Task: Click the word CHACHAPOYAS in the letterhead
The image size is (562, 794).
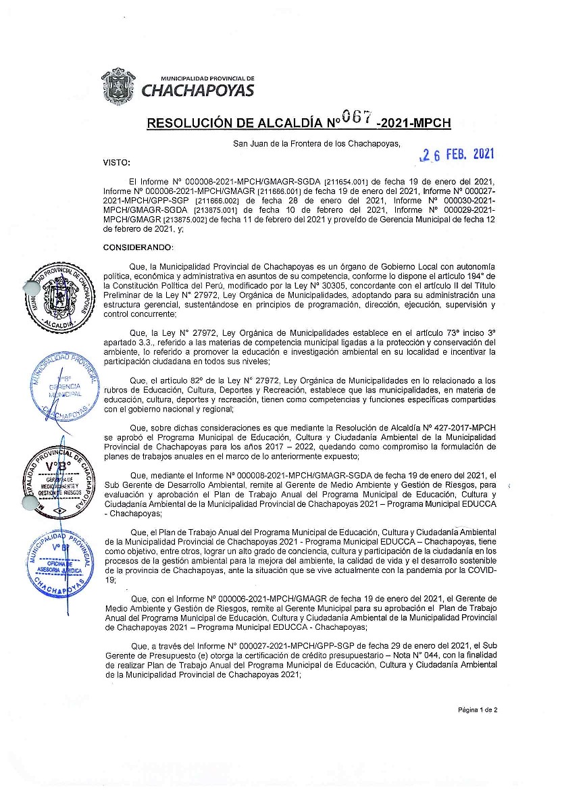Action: pyautogui.click(x=198, y=91)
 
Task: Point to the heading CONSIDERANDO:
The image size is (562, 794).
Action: pyautogui.click(x=138, y=247)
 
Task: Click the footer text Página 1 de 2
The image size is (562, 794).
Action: pyautogui.click(x=478, y=710)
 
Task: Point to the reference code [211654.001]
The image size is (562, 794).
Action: pyautogui.click(x=346, y=182)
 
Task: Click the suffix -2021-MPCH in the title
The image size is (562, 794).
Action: pyautogui.click(x=414, y=124)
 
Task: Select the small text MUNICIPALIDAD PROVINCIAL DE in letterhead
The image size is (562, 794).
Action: pyautogui.click(x=207, y=78)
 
